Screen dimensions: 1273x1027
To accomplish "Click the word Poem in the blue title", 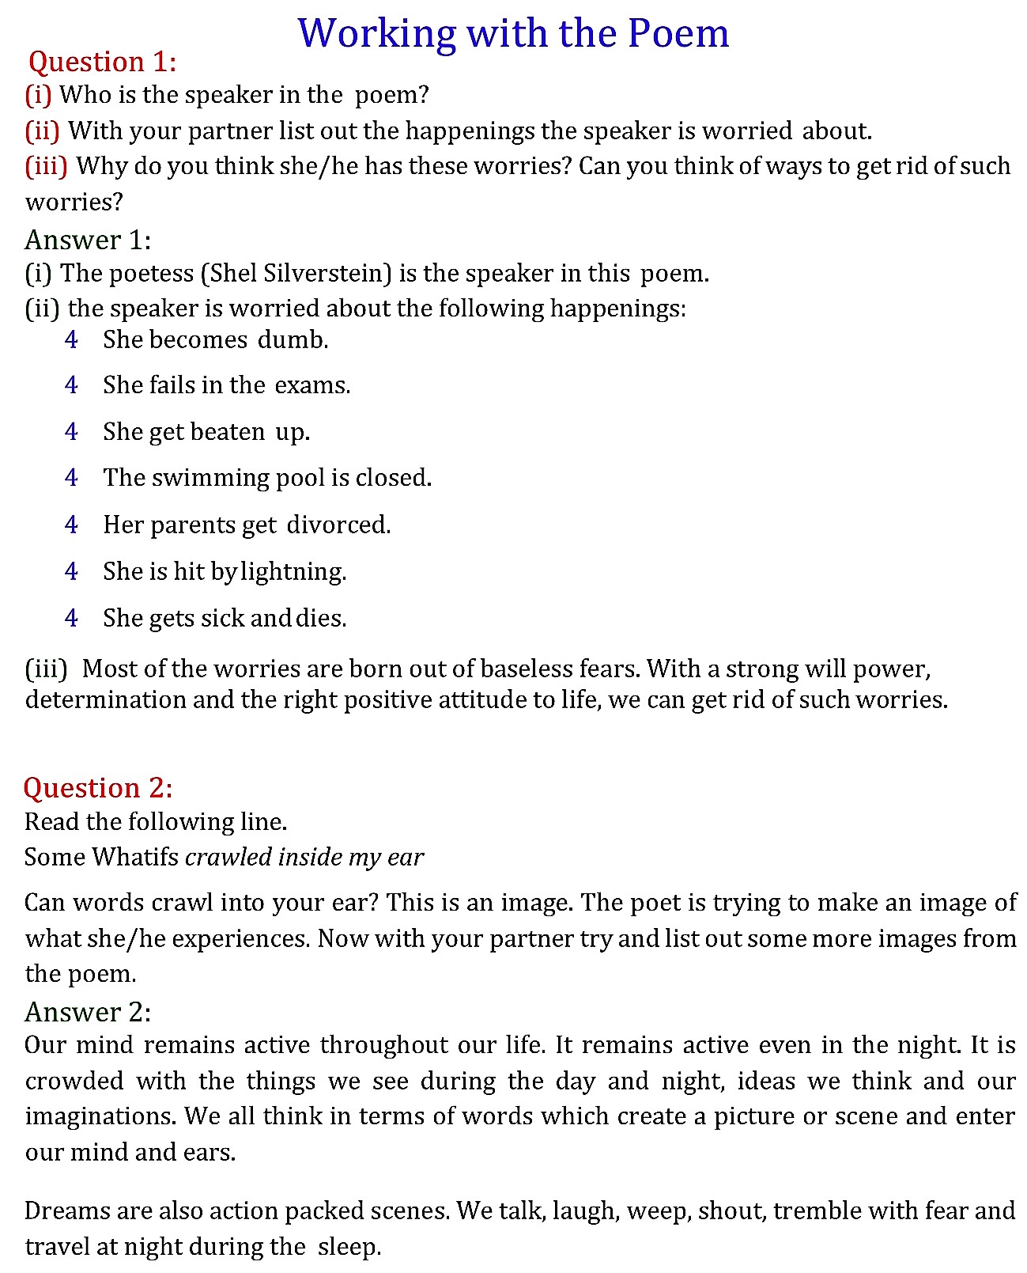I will pos(678,34).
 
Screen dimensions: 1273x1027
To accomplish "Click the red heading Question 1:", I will pos(102,62).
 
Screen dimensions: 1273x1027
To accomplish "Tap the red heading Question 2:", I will pos(97,788).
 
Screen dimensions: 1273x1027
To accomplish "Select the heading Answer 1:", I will pos(88,239).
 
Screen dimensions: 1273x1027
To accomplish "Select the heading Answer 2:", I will pos(88,1012).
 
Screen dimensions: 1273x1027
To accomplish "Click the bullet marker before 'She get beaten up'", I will pos(71,432).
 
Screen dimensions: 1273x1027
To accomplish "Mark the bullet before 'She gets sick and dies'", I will pos(71,618).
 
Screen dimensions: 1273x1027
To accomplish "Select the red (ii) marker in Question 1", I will pos(43,131).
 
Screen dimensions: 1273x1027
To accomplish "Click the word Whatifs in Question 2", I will pos(135,857).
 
